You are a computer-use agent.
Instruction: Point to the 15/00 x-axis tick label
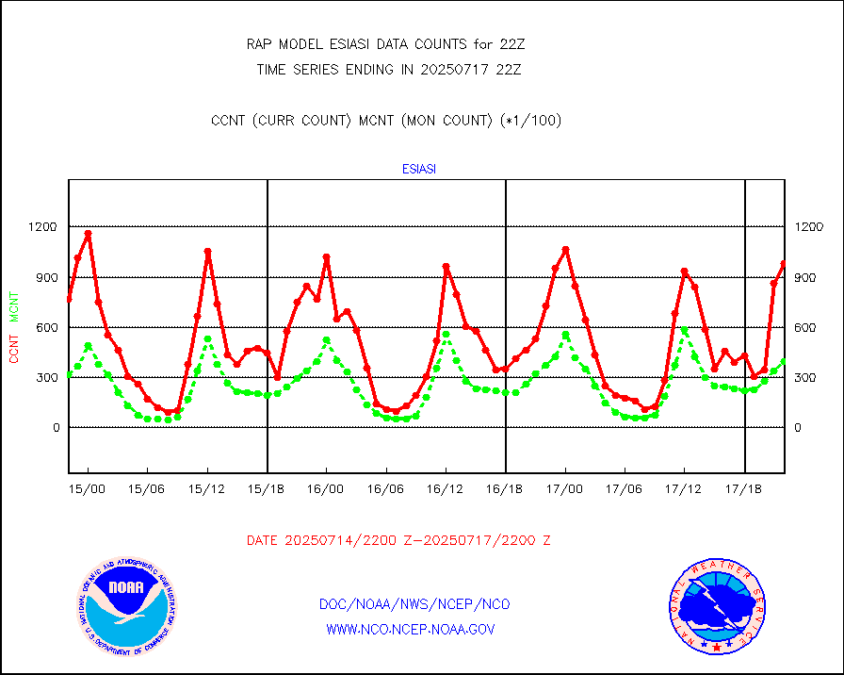(89, 490)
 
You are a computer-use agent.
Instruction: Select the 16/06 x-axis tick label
(386, 490)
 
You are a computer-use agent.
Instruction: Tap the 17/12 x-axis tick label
(684, 490)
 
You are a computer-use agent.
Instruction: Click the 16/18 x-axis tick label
(506, 490)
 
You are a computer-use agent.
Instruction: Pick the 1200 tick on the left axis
(43, 227)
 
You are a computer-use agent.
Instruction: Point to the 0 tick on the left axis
(55, 428)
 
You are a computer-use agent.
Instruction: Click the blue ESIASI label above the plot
(418, 170)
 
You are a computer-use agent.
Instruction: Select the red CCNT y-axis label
(14, 344)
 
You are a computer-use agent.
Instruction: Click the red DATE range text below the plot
(398, 541)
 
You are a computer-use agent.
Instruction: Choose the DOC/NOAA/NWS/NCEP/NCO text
(415, 604)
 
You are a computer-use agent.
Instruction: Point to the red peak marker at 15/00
(89, 233)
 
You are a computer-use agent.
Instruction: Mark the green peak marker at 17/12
(684, 329)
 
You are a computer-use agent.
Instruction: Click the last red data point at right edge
(784, 264)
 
